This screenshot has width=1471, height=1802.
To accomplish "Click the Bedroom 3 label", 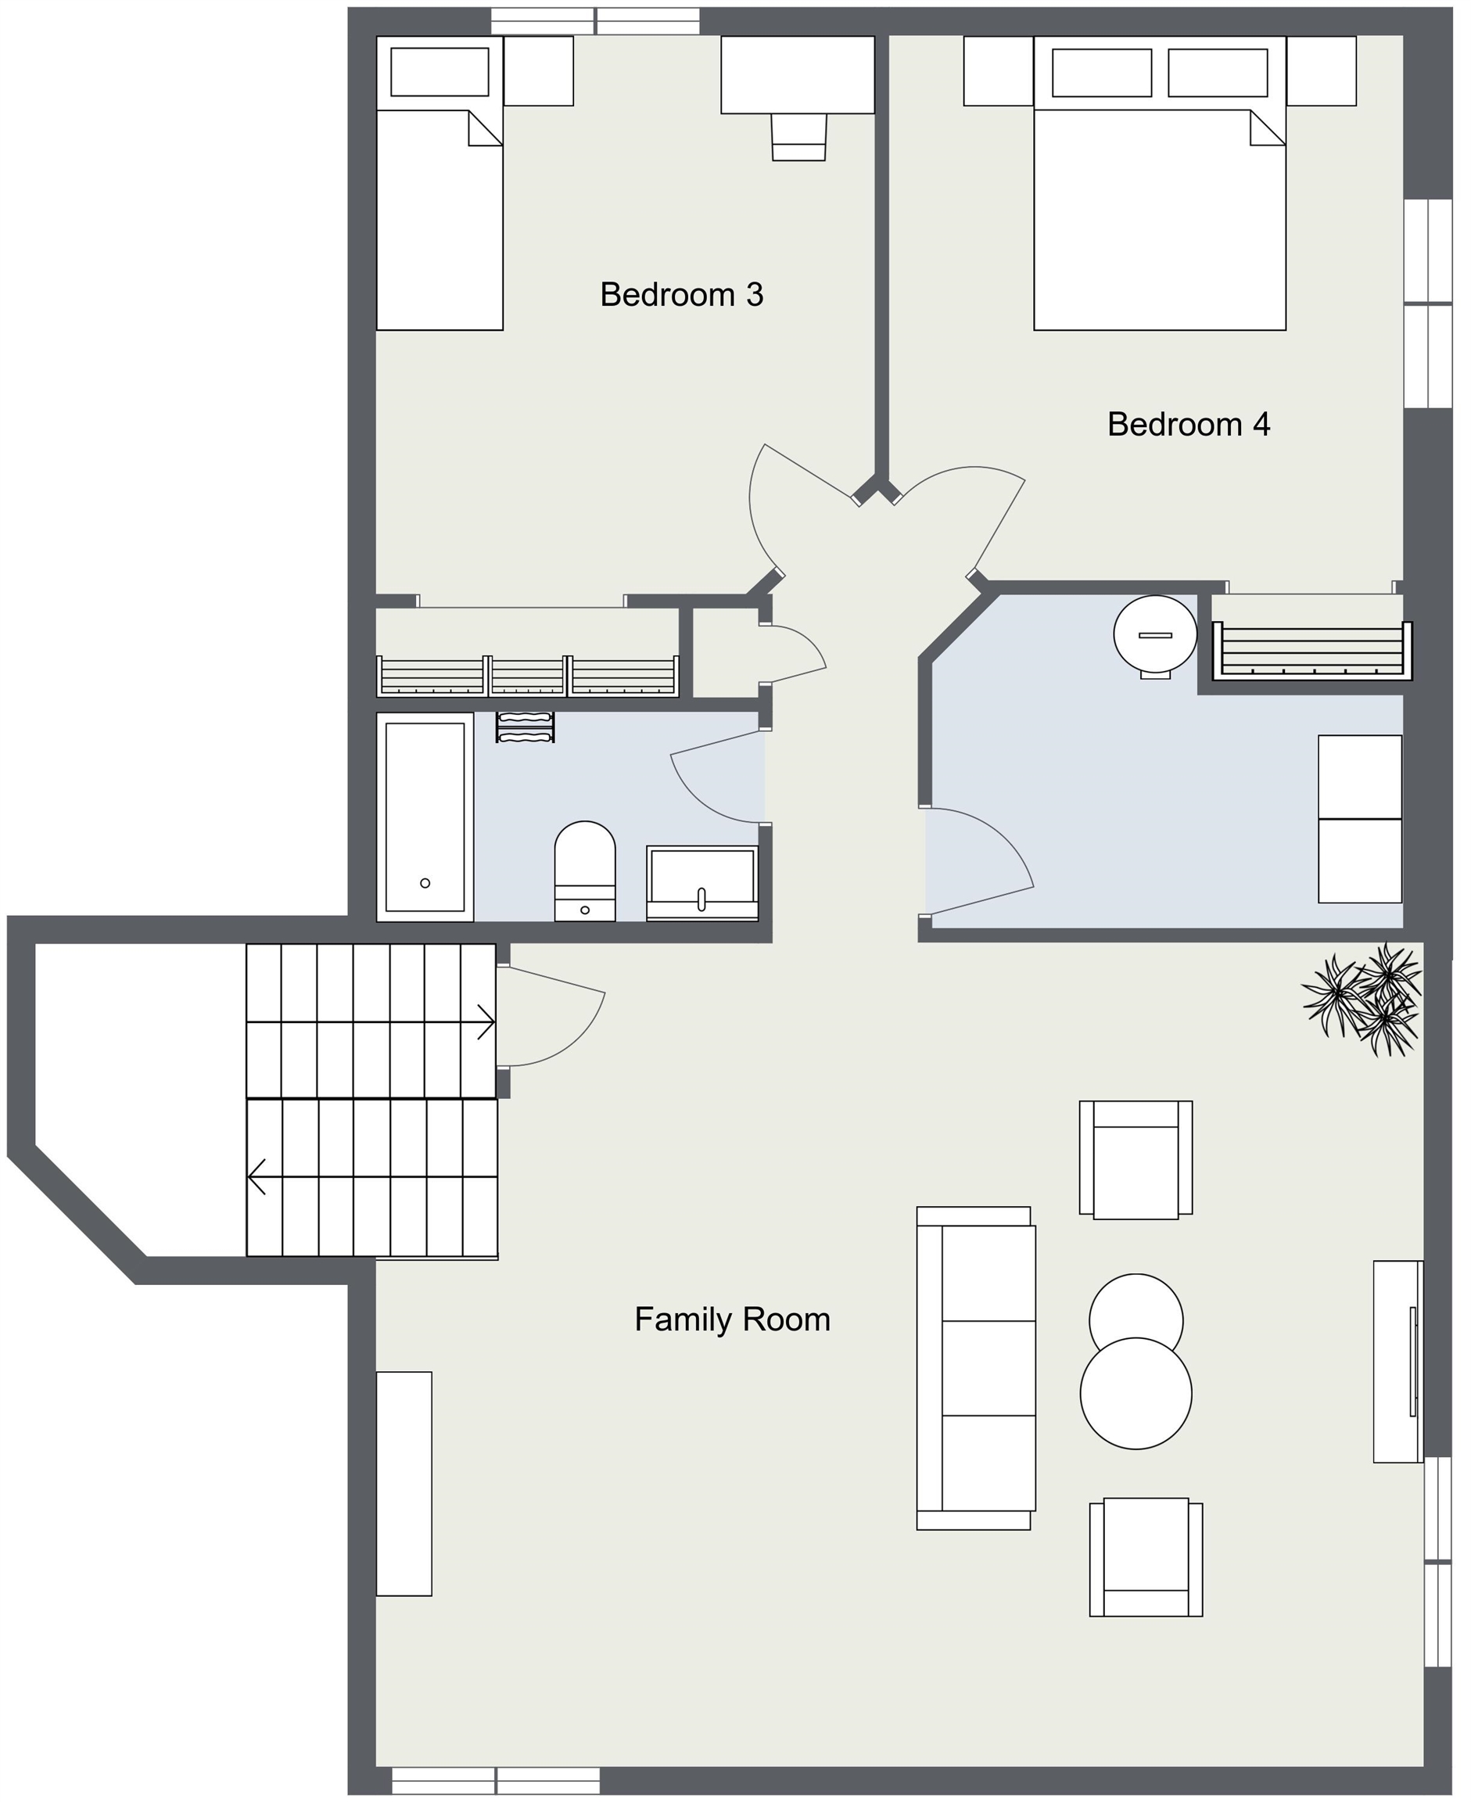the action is (x=681, y=295).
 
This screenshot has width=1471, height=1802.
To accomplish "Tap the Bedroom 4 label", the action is (x=1189, y=425).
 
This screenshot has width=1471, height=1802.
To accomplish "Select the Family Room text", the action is (x=732, y=1320).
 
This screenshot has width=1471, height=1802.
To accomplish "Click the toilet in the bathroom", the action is (x=585, y=871).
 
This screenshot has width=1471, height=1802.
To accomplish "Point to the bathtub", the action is (x=425, y=817).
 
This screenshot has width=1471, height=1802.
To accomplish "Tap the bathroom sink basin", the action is (x=702, y=882).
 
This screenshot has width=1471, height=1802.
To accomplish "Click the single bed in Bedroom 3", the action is (x=440, y=183).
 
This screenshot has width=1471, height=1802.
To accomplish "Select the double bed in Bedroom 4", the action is (x=1160, y=183).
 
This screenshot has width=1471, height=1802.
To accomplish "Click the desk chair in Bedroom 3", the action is (x=798, y=137).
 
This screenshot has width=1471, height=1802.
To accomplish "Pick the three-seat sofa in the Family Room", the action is (x=975, y=1368).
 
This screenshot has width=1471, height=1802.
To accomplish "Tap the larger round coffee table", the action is (x=1136, y=1394).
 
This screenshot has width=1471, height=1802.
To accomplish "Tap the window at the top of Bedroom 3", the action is (x=596, y=21).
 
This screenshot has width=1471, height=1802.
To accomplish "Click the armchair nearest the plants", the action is (x=1136, y=1160).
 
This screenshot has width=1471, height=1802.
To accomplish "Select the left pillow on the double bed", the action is (x=1102, y=73).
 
